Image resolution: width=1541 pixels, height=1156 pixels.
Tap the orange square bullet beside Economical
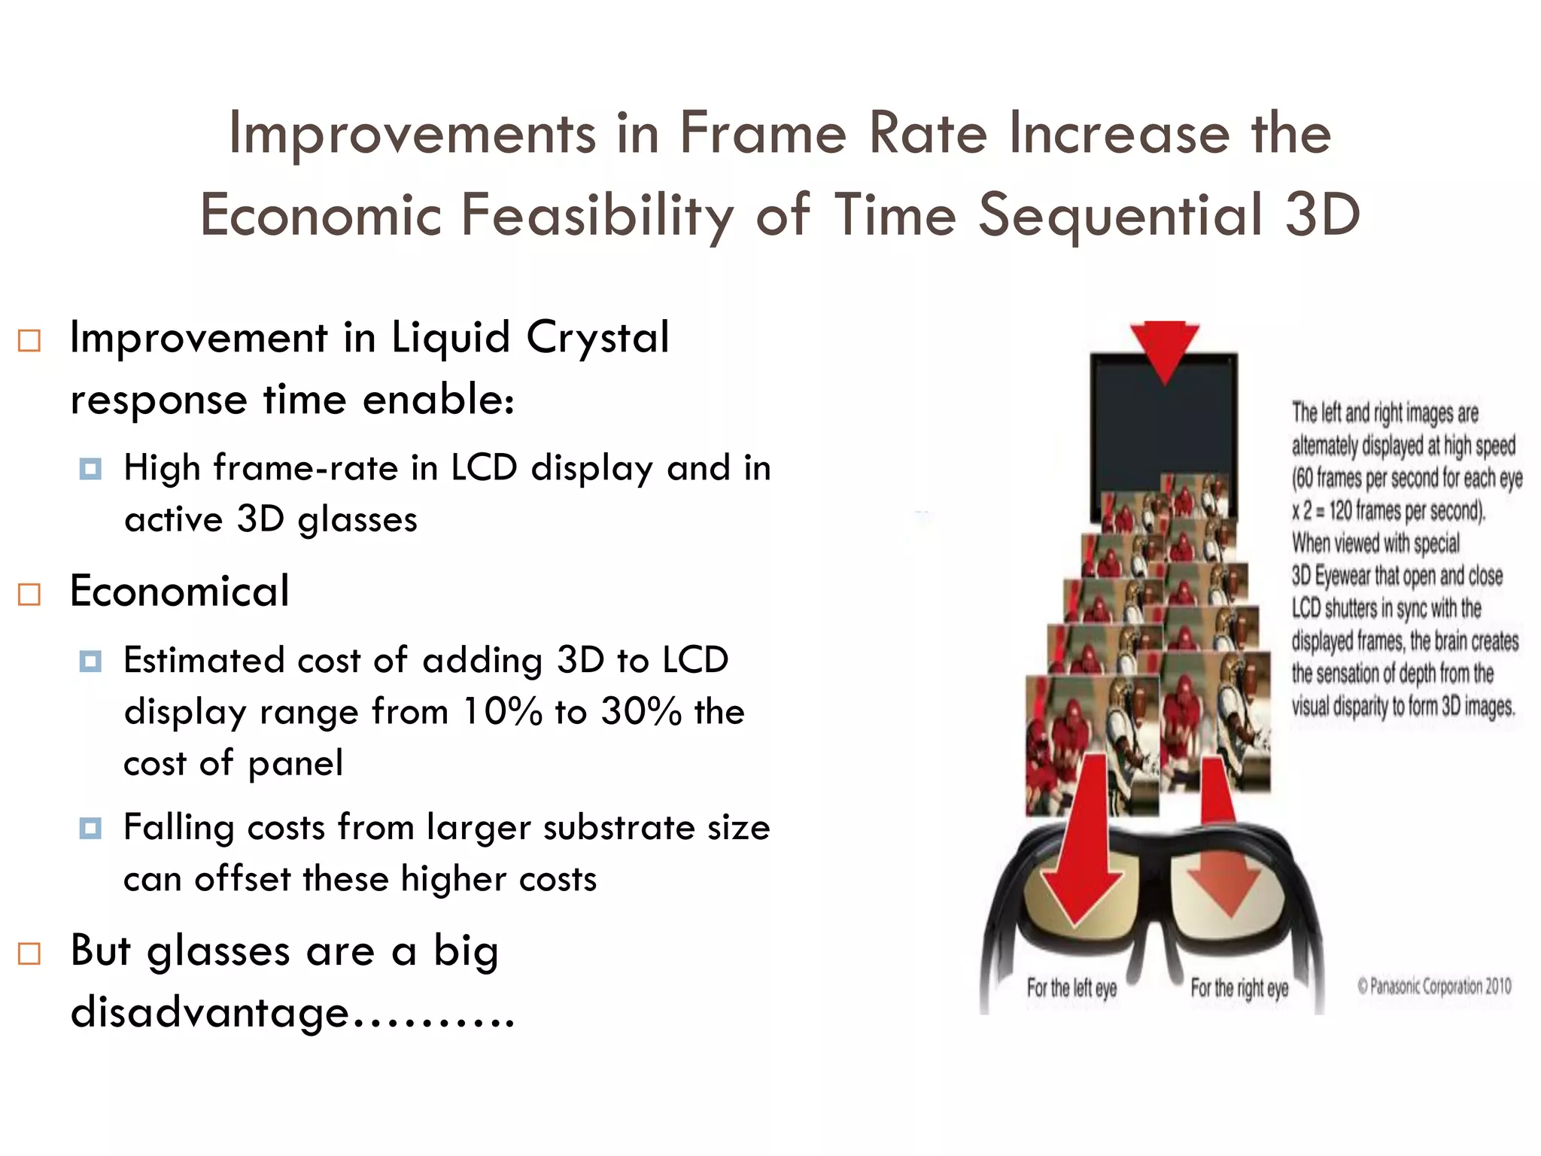coord(29,595)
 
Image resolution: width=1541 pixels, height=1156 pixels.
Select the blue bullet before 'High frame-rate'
coord(90,470)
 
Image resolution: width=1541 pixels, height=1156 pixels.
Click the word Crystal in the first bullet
coord(597,337)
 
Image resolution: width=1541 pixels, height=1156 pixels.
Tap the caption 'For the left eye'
coord(1071,988)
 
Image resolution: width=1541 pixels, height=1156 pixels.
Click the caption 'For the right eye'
coord(1239,988)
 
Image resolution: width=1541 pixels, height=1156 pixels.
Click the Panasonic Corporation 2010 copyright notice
coord(1434,986)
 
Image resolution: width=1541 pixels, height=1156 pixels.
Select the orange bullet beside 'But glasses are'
coord(29,954)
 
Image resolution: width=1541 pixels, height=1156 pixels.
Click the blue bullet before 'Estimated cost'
coord(90,662)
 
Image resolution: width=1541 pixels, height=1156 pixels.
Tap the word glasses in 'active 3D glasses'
coord(357,519)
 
